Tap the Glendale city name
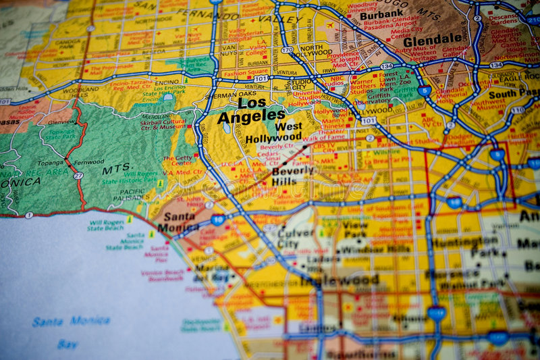(x=433, y=39)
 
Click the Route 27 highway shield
(x=78, y=176)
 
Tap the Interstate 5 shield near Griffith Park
(x=424, y=90)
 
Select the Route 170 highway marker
(x=288, y=50)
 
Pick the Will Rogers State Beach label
(x=105, y=224)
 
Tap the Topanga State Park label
(x=61, y=134)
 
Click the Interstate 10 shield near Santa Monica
(x=217, y=220)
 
